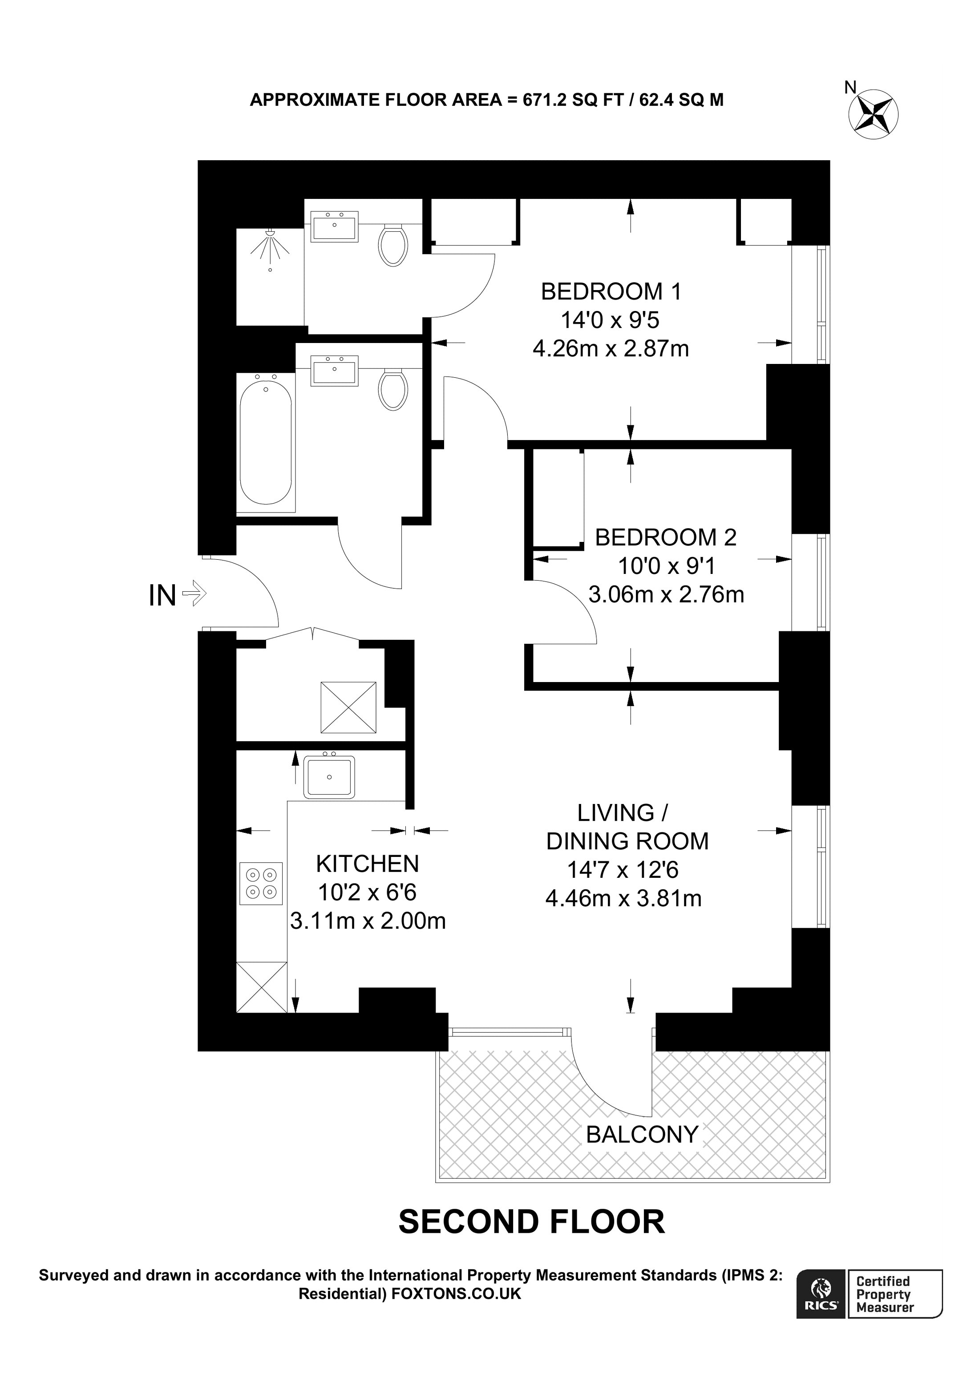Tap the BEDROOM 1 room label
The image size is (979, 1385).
pyautogui.click(x=611, y=292)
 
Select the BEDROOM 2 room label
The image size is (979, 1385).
pyautogui.click(x=665, y=537)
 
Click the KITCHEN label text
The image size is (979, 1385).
pyautogui.click(x=368, y=864)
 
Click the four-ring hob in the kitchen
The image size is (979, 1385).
pyautogui.click(x=261, y=884)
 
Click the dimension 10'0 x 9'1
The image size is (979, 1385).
pyautogui.click(x=665, y=566)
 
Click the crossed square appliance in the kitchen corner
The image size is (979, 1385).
pyautogui.click(x=261, y=987)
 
